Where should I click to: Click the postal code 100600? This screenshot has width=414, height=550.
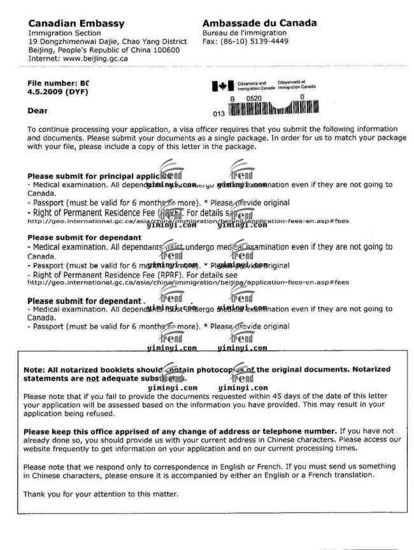pos(164,49)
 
